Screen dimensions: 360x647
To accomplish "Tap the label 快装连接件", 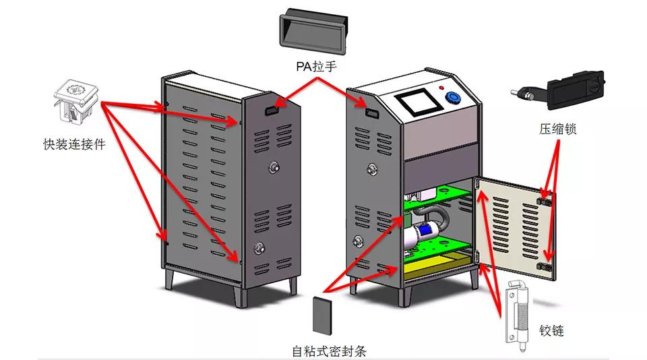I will coord(74,144).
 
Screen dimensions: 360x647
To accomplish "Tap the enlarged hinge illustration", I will coord(518,310).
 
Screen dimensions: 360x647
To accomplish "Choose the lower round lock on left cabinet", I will coord(258,248).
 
